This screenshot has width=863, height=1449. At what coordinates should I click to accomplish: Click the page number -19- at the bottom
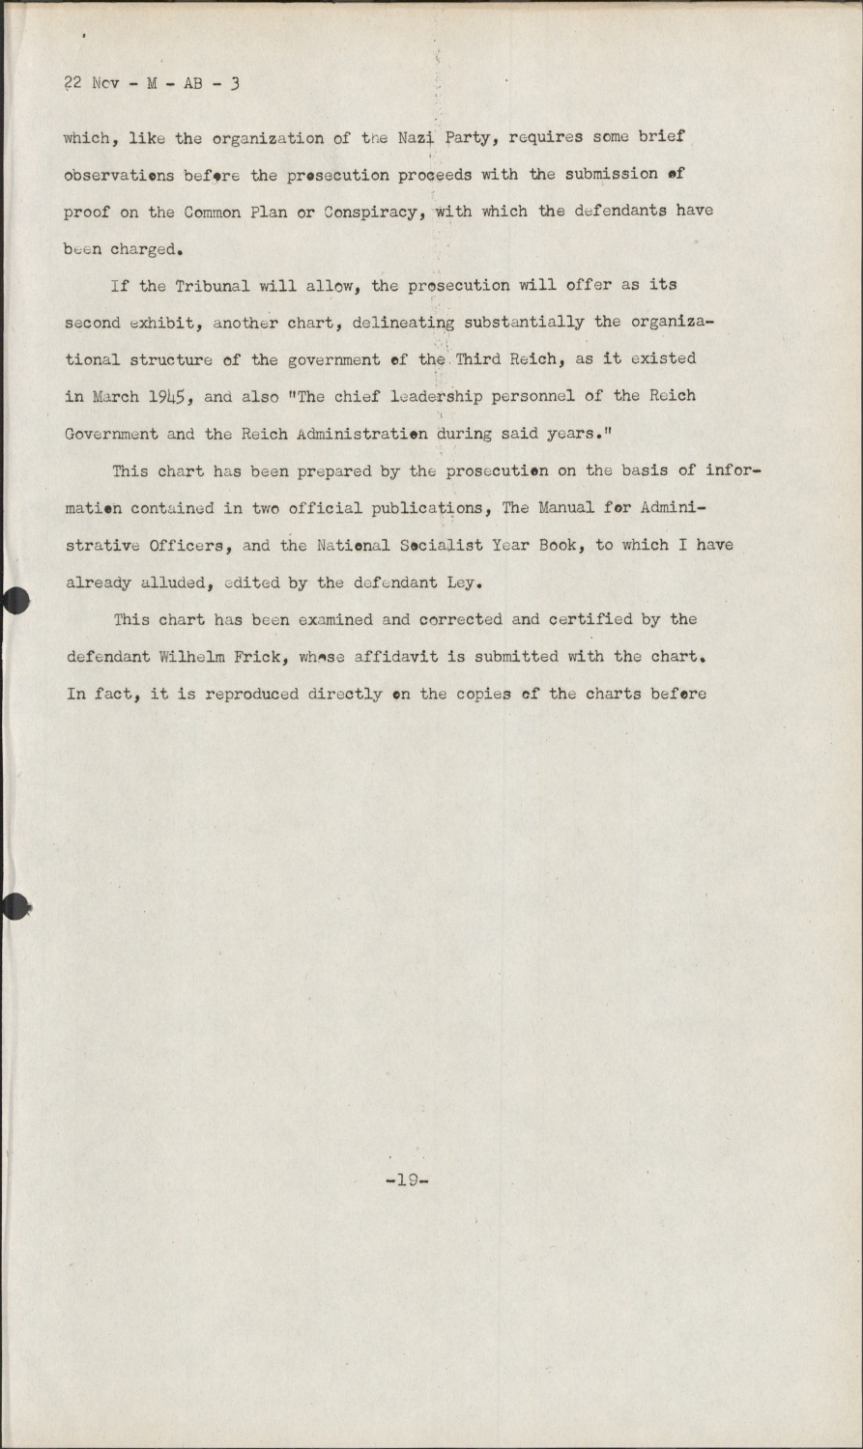[x=406, y=1179]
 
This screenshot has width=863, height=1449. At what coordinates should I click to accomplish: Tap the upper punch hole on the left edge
[x=14, y=601]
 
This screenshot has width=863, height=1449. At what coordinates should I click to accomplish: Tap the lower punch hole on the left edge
[x=14, y=906]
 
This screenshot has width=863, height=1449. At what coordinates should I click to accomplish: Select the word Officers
[x=188, y=545]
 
